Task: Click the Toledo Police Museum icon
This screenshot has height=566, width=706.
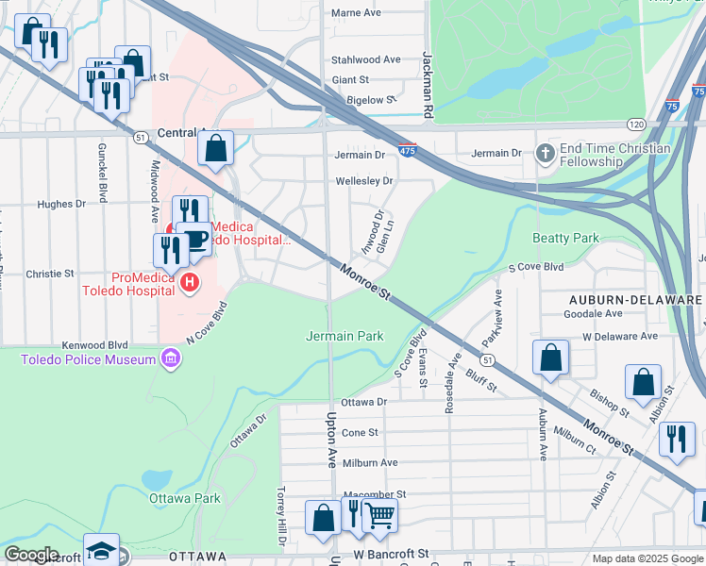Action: coord(171,358)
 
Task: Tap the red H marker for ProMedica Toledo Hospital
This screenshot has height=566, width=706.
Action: coord(189,281)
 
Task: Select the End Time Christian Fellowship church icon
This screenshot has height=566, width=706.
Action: coord(545,153)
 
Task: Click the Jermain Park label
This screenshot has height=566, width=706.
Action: coord(345,336)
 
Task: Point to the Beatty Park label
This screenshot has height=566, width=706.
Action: coord(565,239)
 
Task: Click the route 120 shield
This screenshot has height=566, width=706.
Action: coord(637,125)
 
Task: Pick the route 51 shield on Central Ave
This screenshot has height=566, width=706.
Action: coord(140,137)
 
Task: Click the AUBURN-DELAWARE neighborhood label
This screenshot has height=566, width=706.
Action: coord(635,299)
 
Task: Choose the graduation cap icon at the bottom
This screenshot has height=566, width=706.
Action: coord(101,550)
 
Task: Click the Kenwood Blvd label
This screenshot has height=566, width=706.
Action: coord(93,345)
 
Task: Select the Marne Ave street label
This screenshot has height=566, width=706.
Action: coord(356,12)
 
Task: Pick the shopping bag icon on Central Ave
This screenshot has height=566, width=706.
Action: coord(216,147)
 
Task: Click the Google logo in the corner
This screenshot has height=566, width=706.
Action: coord(32,555)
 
